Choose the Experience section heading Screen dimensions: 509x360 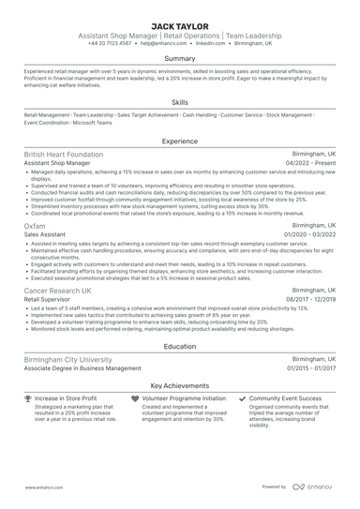[180, 141]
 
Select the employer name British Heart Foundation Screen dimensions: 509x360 [64, 154]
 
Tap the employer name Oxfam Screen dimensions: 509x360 [34, 226]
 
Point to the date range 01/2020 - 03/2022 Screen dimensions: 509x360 [309, 235]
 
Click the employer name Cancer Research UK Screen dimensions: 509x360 [58, 291]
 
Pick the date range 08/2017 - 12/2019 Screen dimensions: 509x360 [309, 300]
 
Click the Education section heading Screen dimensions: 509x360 [180, 346]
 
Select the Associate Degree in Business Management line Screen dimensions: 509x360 [82, 368]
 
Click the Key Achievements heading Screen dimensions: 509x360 [180, 385]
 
